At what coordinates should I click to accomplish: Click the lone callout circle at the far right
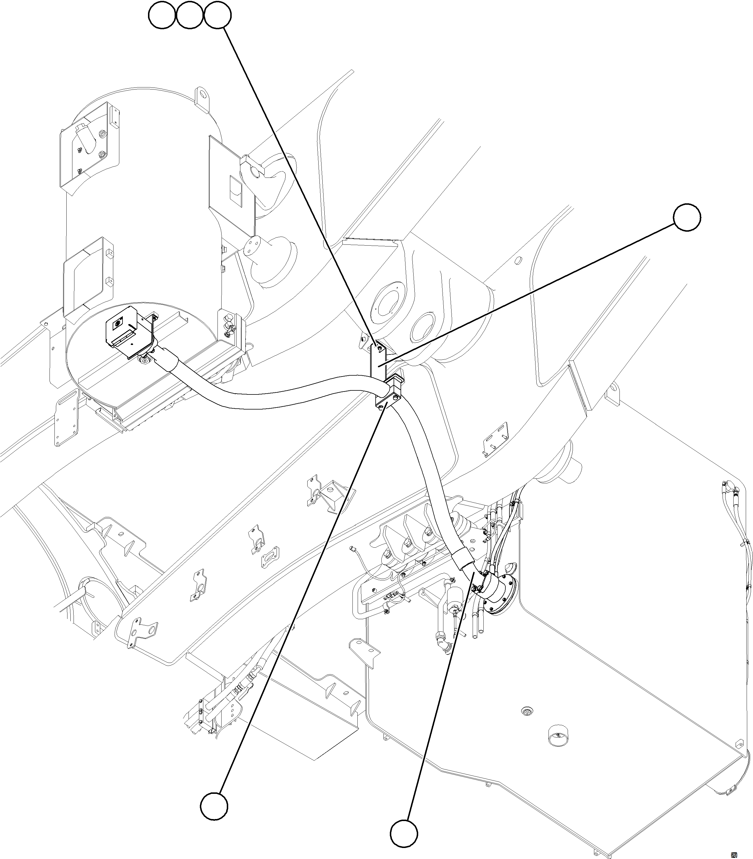tap(687, 217)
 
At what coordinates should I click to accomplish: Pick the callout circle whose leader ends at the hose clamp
tap(214, 806)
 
